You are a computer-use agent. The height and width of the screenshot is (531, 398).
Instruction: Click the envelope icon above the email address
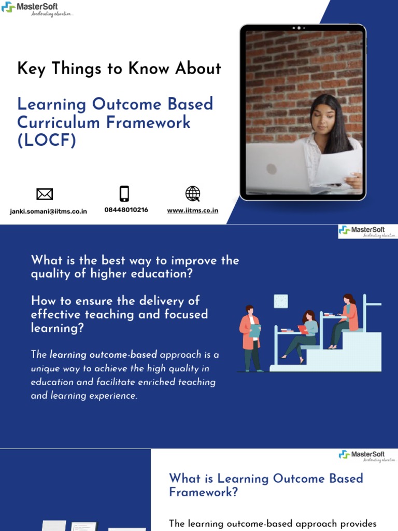(45, 194)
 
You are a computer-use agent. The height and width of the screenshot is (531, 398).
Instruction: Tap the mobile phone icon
(124, 193)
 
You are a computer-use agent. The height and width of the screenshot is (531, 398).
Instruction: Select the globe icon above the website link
(192, 194)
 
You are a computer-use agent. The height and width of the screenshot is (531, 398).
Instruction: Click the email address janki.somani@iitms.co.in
(48, 211)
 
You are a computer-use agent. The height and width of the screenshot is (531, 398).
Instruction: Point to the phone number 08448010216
(126, 210)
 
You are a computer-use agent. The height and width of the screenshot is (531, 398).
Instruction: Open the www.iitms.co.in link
(192, 211)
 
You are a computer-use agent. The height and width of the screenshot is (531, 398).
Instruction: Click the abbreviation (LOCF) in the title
(47, 141)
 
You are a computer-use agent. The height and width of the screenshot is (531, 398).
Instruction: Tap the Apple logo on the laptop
(271, 169)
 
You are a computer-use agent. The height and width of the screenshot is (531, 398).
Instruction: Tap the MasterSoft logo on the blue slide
(367, 231)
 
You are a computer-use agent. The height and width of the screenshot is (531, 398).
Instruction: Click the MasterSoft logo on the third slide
(367, 456)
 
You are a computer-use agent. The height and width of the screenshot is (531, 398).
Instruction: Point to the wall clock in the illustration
(280, 301)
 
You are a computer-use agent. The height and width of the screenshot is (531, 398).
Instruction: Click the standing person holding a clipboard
(252, 337)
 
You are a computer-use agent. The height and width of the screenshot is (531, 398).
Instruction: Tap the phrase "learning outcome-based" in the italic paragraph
(103, 355)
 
